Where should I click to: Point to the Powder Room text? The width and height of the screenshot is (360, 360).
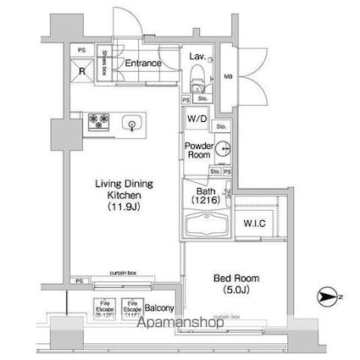(x=197, y=150)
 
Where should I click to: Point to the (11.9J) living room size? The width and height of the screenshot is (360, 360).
(x=123, y=206)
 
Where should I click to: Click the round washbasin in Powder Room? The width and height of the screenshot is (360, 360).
(x=223, y=151)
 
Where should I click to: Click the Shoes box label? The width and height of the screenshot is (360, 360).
(x=103, y=63)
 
